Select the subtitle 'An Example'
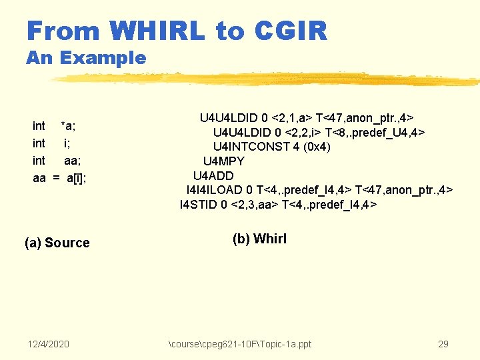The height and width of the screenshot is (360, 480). pyautogui.click(x=85, y=58)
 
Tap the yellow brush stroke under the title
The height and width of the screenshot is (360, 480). pyautogui.click(x=267, y=80)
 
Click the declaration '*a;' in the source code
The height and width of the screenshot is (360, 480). pyautogui.click(x=68, y=126)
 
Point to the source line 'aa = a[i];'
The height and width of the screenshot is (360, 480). pyautogui.click(x=59, y=178)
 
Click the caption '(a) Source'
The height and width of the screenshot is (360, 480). pyautogui.click(x=57, y=243)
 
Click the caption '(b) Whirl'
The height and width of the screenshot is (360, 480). pyautogui.click(x=259, y=239)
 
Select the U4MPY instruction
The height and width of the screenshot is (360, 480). pyautogui.click(x=223, y=161)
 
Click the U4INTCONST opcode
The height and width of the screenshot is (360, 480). pyautogui.click(x=247, y=147)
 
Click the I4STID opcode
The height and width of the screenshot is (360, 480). pyautogui.click(x=200, y=205)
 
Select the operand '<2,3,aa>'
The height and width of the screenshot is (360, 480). pyautogui.click(x=255, y=205)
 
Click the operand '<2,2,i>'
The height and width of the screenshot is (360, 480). pyautogui.click(x=300, y=132)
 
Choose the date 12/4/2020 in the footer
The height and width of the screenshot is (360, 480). pyautogui.click(x=49, y=344)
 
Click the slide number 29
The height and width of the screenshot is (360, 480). pyautogui.click(x=443, y=344)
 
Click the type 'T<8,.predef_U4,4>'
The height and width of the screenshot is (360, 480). pyautogui.click(x=375, y=132)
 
